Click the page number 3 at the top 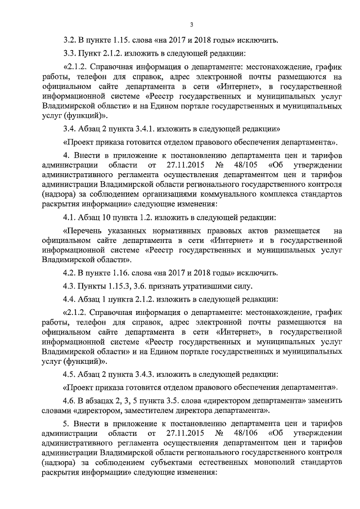[x=191, y=24]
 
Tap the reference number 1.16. [x=120, y=273]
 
